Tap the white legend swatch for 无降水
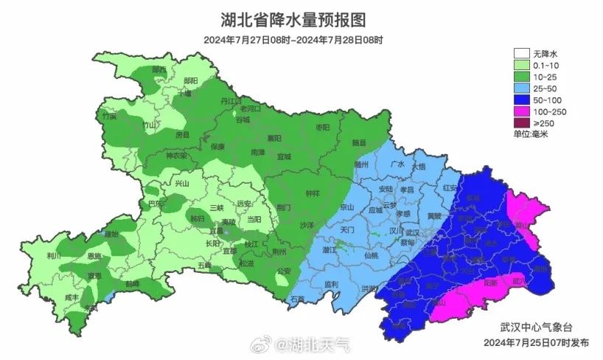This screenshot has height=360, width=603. [x=522, y=53]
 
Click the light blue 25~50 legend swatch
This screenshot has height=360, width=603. [x=522, y=88]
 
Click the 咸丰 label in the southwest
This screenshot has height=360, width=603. [x=71, y=296]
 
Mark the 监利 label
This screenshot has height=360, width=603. [x=331, y=284]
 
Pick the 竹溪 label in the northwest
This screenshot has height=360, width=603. [x=110, y=116]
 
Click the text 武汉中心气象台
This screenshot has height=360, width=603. [x=534, y=327]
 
